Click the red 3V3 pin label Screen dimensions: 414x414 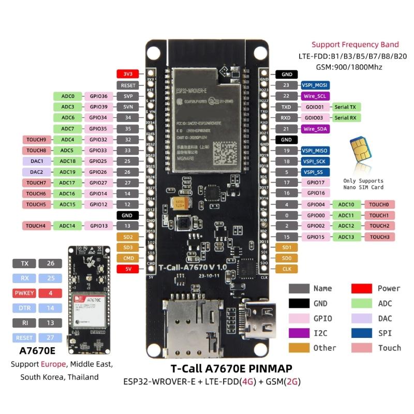point(128,74)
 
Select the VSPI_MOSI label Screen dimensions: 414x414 point(315,85)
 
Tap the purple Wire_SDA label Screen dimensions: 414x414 point(315,128)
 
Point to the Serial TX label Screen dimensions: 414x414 point(345,107)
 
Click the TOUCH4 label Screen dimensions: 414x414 point(36,226)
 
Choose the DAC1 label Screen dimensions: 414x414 point(36,161)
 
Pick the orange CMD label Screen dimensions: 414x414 point(128,258)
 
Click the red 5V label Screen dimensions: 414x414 point(128,269)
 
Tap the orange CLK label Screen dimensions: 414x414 point(286,269)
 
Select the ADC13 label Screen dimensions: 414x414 point(346,236)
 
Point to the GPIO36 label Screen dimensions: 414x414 point(98,96)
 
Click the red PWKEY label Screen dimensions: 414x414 point(25,293)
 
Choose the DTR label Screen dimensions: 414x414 point(25,308)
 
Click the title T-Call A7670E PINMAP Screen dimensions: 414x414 point(231,368)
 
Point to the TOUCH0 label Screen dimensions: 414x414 point(379,204)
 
